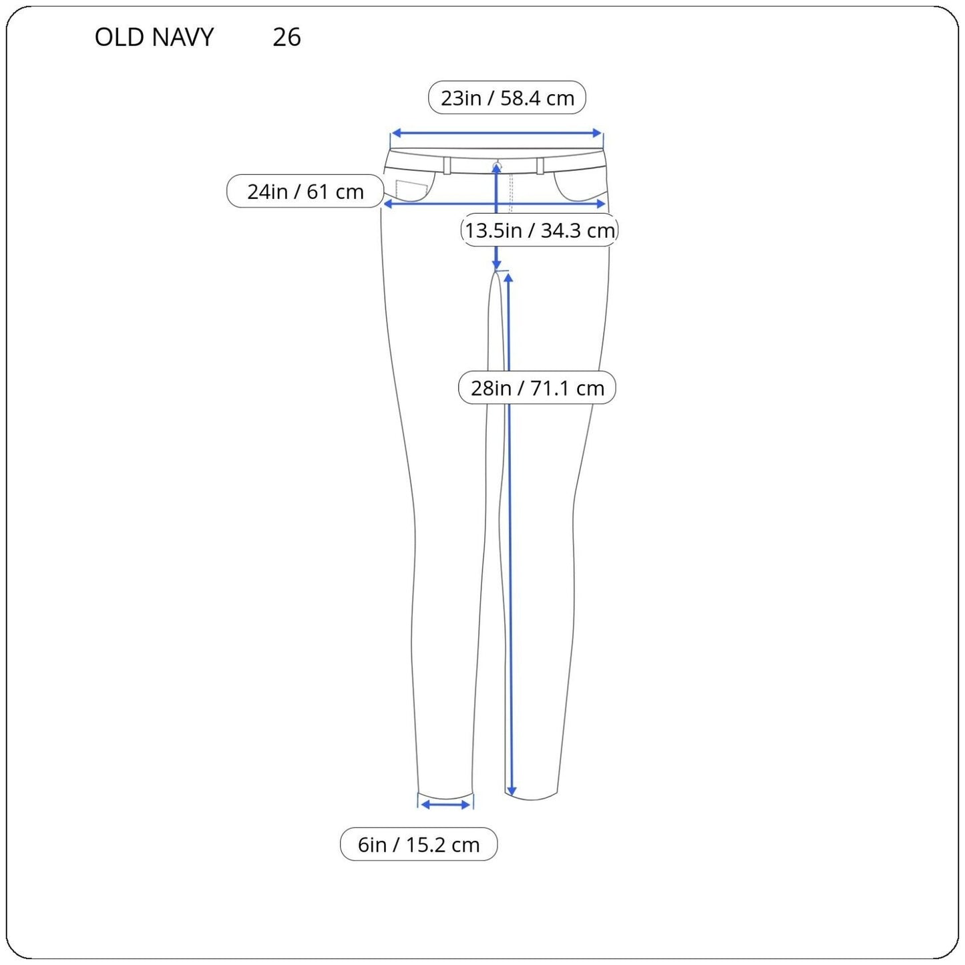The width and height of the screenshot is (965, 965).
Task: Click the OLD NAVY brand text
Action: (154, 37)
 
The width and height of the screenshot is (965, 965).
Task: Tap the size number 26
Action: (286, 37)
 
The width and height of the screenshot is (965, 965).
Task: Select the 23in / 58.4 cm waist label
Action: (507, 98)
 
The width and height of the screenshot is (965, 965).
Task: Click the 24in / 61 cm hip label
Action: (305, 191)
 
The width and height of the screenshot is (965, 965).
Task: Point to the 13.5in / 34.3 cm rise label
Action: (540, 230)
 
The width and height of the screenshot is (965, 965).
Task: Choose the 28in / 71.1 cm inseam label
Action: (537, 387)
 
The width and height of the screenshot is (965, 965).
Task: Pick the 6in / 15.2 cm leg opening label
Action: (419, 844)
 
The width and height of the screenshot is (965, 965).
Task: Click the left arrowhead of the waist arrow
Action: (396, 133)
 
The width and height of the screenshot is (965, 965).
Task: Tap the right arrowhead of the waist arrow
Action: (596, 133)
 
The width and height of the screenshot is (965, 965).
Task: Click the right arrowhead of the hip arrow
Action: (601, 204)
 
